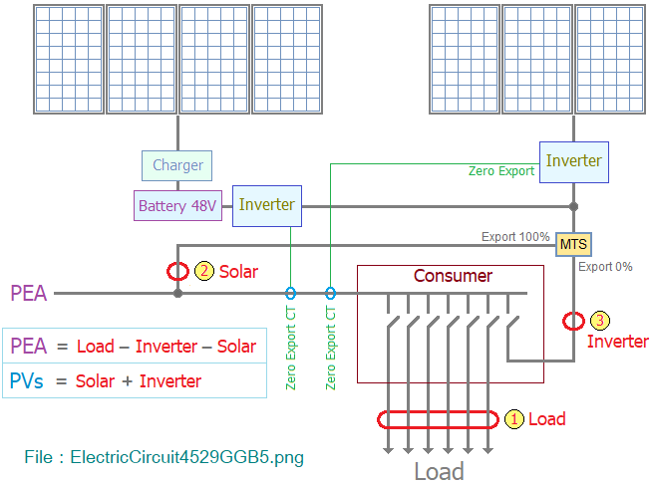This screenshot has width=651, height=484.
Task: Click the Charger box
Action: click(x=176, y=165)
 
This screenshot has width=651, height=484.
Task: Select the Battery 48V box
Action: click(x=177, y=205)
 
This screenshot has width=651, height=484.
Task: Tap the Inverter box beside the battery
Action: click(x=267, y=206)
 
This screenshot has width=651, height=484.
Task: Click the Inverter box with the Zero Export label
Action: click(x=574, y=162)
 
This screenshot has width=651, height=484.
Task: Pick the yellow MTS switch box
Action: click(x=573, y=244)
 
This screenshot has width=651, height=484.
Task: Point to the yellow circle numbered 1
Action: click(x=514, y=419)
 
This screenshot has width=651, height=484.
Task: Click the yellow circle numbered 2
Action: click(x=204, y=271)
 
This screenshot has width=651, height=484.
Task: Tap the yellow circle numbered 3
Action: click(x=600, y=321)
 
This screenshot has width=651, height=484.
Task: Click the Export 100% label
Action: click(x=515, y=237)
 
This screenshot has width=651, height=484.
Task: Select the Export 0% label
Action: click(x=605, y=267)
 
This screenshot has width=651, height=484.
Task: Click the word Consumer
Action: click(x=453, y=276)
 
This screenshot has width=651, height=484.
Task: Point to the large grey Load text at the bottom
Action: click(x=440, y=472)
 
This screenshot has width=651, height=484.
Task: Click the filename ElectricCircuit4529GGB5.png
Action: click(x=186, y=457)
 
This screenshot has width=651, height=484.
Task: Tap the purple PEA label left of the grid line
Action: click(x=29, y=293)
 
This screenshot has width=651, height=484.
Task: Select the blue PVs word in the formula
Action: click(x=26, y=380)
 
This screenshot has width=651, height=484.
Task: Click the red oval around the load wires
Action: click(x=438, y=411)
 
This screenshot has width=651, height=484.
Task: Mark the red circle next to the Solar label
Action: click(x=177, y=263)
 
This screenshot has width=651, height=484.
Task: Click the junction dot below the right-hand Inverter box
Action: click(x=574, y=206)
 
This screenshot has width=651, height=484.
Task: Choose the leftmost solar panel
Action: click(x=69, y=60)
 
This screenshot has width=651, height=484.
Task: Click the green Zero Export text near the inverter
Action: click(x=501, y=171)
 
